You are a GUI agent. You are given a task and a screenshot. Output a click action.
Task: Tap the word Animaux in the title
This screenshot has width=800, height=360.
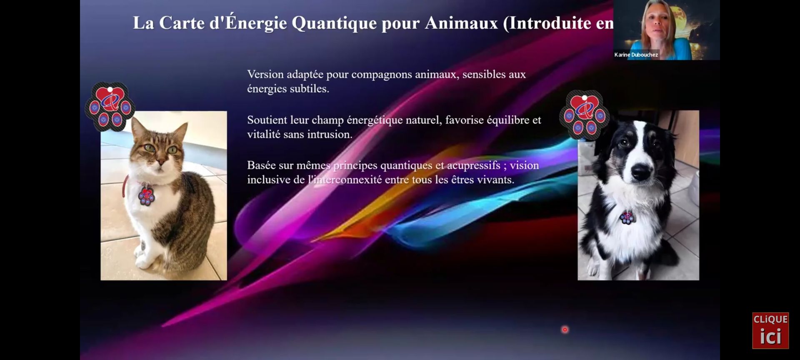(461, 23)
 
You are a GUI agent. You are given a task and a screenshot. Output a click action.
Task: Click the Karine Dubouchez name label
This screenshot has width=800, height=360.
(636, 55)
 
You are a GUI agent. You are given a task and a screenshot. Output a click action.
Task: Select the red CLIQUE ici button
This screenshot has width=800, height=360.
(770, 330)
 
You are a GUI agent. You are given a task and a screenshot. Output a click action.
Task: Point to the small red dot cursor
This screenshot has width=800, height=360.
(565, 330)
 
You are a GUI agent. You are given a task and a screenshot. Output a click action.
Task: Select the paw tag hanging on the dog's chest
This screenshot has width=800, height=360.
(626, 217)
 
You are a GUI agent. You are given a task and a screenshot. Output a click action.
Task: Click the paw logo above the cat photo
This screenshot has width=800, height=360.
(110, 107)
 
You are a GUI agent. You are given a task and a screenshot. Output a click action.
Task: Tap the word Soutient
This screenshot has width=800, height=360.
(267, 120)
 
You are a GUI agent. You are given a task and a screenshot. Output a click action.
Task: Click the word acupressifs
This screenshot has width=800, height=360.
(474, 166)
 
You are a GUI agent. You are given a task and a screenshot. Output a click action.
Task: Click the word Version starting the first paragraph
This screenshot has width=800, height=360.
(265, 74)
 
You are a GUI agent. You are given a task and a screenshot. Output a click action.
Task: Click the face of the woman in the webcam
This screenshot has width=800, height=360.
(657, 21)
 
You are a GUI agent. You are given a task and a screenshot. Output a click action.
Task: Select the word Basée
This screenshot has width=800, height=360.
(261, 165)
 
